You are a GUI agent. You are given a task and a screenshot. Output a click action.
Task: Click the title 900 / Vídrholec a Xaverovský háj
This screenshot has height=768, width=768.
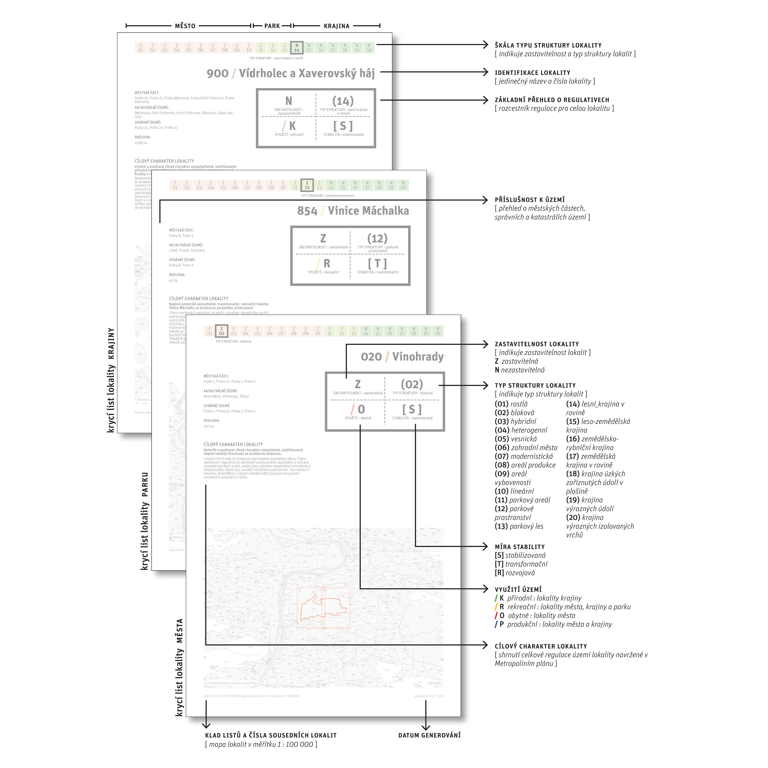(291, 73)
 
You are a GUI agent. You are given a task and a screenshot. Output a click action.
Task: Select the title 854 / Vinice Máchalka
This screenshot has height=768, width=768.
(353, 211)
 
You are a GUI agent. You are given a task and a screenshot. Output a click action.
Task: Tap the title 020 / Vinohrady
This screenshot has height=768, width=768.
(402, 357)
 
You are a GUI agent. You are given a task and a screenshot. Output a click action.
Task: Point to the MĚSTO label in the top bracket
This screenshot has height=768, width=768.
(185, 26)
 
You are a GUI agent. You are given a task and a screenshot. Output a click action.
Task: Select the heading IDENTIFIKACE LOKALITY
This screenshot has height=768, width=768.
(532, 73)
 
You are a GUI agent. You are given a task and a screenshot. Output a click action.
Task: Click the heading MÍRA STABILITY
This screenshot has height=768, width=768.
(520, 547)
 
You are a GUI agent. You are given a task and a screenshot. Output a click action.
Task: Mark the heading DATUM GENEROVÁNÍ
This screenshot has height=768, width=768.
(429, 735)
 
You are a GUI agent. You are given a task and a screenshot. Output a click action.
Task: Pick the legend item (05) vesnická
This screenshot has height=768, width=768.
(516, 439)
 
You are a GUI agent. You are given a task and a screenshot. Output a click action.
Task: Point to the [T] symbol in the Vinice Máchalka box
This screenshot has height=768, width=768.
(377, 264)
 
